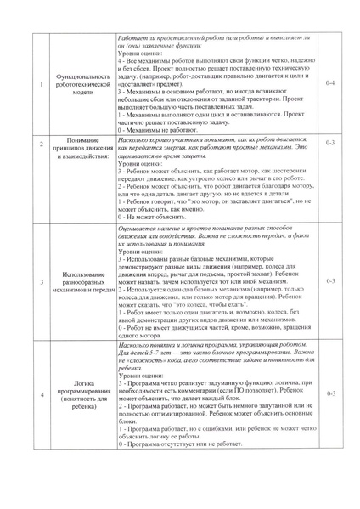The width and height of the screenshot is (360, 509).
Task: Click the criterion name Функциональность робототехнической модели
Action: coord(83,86)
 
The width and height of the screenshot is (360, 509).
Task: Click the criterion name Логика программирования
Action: coord(83,395)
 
